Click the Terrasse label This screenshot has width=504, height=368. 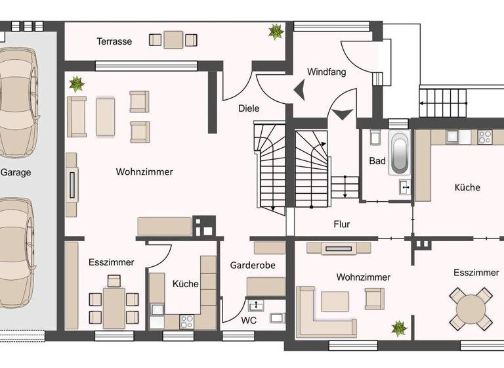(114, 41)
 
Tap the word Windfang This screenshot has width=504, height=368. (326, 72)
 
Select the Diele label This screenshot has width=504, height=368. (248, 108)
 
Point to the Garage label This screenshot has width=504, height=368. (16, 173)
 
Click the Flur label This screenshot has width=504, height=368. (342, 224)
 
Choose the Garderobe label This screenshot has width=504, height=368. (252, 265)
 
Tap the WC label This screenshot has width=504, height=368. (249, 321)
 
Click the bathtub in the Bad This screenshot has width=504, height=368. (399, 152)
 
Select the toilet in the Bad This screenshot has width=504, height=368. (375, 138)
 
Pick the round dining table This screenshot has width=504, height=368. (471, 309)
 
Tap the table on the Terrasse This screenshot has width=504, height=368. (173, 39)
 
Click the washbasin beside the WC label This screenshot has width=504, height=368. (255, 305)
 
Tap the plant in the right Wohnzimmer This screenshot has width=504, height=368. (397, 327)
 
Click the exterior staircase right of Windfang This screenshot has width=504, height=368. (443, 104)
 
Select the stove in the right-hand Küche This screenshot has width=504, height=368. (484, 137)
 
